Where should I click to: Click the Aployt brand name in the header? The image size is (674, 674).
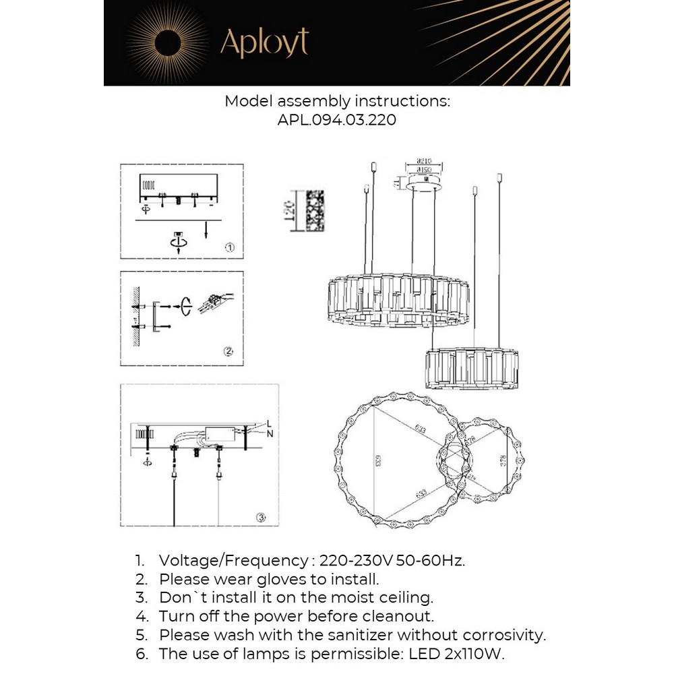(264, 43)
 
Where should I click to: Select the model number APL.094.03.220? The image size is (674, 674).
(336, 120)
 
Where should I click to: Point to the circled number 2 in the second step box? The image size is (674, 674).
(228, 351)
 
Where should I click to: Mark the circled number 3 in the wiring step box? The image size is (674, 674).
(261, 518)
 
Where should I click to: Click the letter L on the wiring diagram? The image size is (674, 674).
(268, 423)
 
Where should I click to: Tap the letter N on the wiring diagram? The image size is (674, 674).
(270, 433)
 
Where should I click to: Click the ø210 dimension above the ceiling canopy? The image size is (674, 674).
(424, 162)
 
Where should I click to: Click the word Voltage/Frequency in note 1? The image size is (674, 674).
(233, 561)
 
